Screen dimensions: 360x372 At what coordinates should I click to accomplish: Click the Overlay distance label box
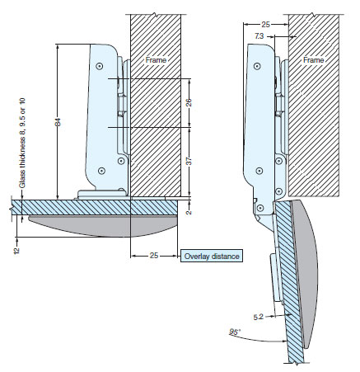212,256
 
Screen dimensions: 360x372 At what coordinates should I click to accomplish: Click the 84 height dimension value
58,122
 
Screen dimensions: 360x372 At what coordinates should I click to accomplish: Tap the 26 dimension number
189,102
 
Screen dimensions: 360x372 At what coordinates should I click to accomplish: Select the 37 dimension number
189,161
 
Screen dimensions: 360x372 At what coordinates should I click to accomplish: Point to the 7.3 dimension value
259,35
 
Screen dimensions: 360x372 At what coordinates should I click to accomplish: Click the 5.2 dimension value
258,317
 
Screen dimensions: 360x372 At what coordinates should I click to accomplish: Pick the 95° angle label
235,332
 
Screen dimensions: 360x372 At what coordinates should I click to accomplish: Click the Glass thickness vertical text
22,143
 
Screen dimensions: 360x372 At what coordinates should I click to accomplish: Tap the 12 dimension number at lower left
17,250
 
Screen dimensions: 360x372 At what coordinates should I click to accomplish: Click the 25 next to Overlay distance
154,256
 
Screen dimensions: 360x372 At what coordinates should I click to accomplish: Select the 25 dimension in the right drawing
265,25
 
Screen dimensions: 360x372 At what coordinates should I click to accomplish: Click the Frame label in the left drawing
156,60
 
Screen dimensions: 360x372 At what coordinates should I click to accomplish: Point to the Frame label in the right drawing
314,60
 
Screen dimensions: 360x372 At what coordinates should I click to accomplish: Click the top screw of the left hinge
99,66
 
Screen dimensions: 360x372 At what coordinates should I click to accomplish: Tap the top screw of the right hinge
257,66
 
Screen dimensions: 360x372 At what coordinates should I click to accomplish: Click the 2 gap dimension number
189,212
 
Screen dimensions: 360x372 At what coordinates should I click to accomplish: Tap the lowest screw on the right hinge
261,209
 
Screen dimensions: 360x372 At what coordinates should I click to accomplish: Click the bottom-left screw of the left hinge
102,171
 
